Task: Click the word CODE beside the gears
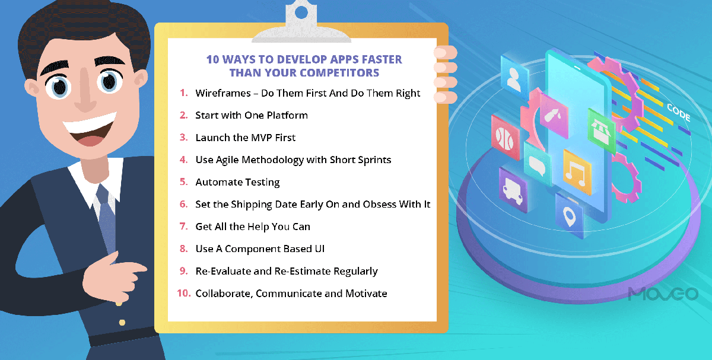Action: (x=678, y=113)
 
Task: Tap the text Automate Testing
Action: (x=237, y=182)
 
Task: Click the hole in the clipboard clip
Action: (x=301, y=11)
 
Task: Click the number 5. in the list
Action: (x=184, y=182)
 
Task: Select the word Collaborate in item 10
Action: (x=223, y=294)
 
